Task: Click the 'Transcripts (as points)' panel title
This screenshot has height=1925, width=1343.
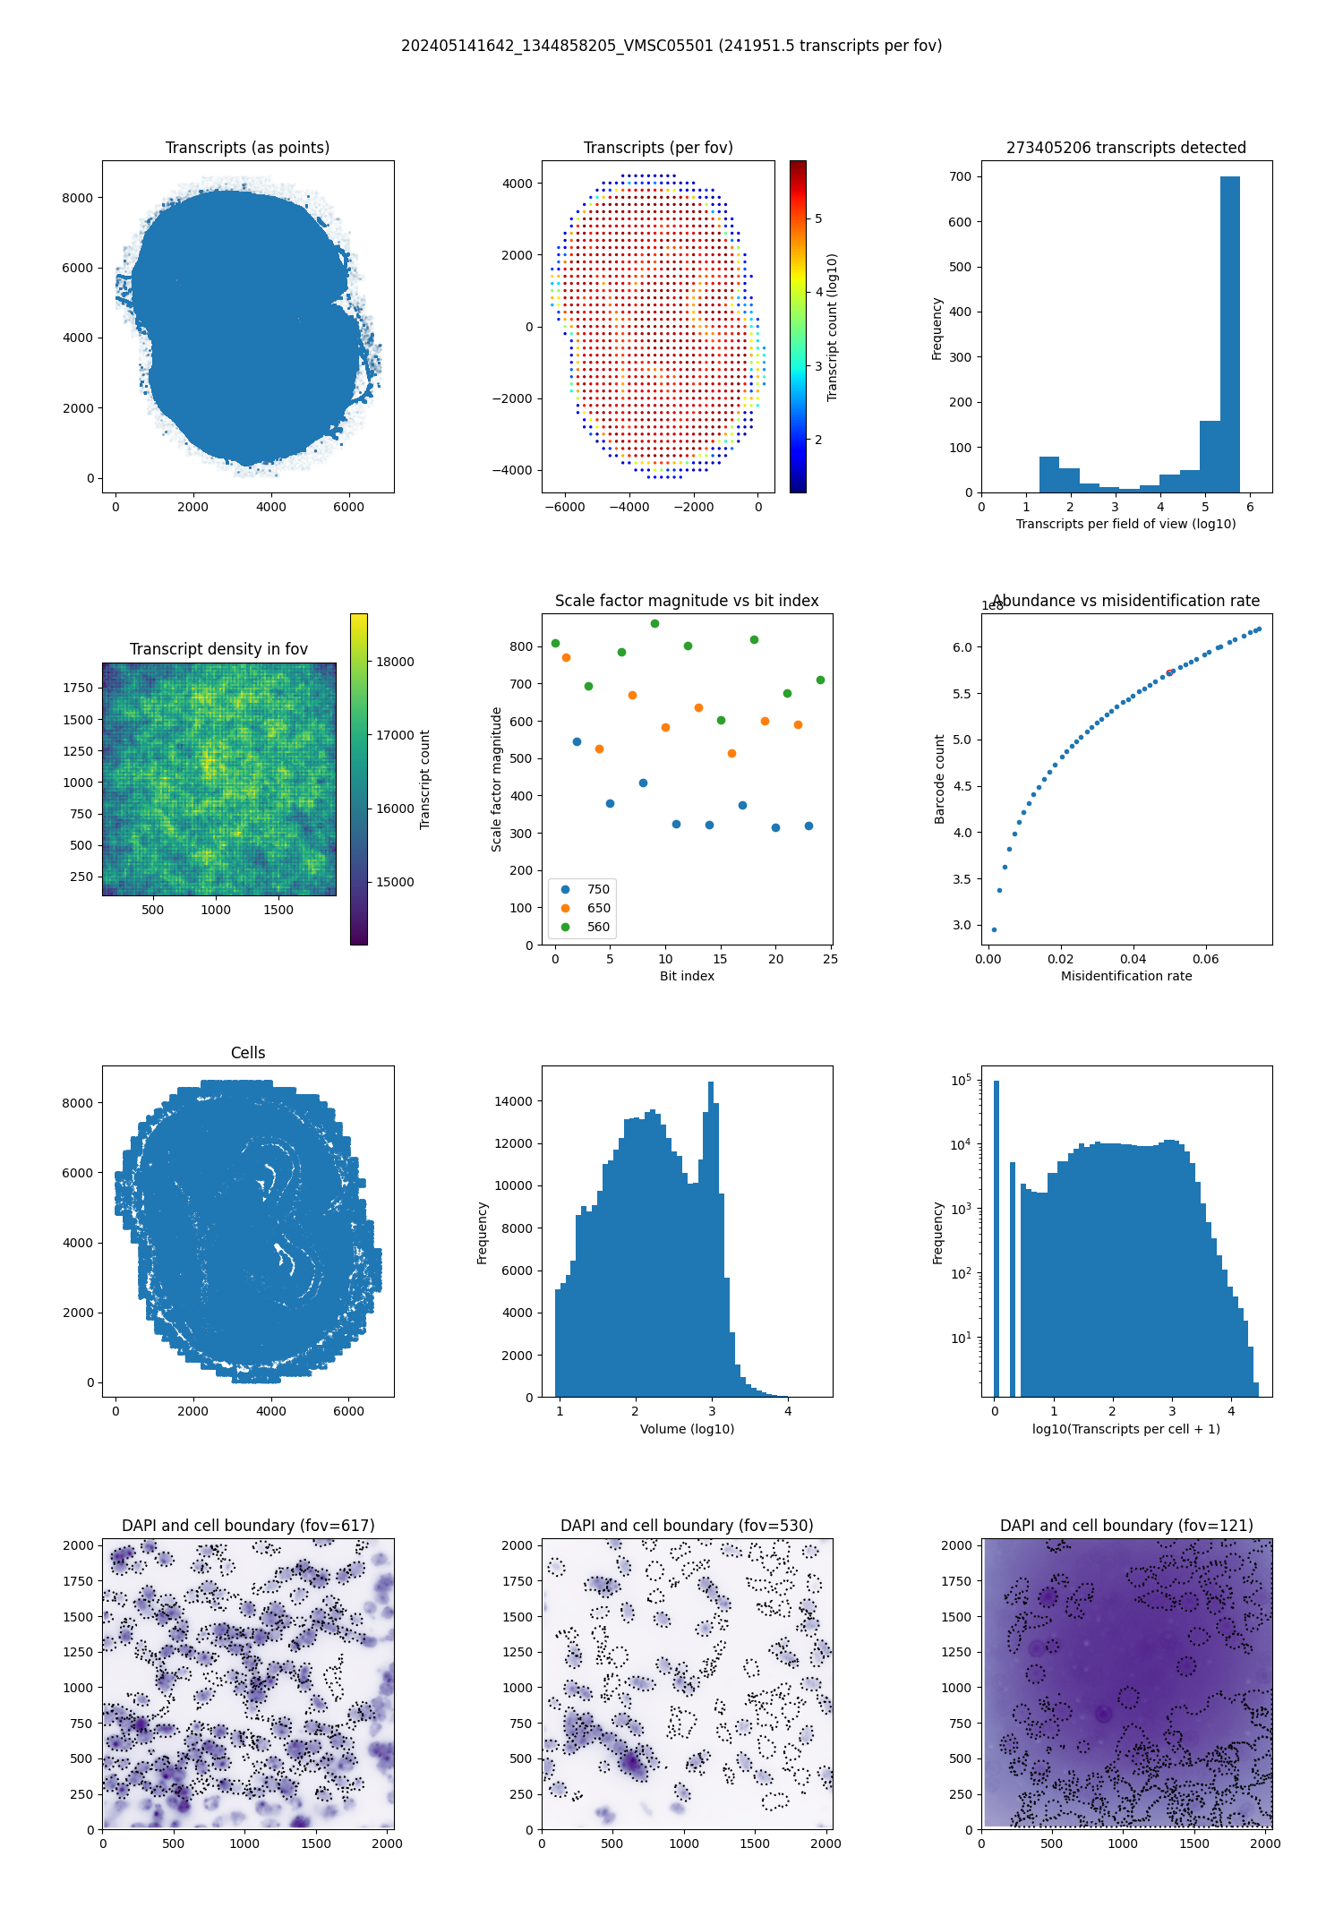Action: click(247, 148)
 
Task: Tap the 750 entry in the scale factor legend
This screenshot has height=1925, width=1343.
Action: click(598, 889)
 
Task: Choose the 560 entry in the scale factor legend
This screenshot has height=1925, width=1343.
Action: click(598, 927)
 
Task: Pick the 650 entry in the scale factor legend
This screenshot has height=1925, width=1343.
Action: click(598, 908)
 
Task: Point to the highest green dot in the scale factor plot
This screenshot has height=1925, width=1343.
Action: click(654, 623)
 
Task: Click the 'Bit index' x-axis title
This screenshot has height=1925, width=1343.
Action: click(687, 976)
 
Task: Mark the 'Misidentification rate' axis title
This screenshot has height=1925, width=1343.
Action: click(1126, 976)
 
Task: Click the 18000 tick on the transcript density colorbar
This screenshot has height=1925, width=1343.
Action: click(395, 662)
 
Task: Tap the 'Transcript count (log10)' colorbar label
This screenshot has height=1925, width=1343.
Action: click(832, 327)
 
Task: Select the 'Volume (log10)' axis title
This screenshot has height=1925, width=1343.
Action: click(687, 1429)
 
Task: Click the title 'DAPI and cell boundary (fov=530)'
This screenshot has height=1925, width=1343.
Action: click(687, 1526)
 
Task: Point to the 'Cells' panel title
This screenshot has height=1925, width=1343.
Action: click(248, 1053)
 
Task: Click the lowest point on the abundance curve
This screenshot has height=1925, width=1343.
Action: click(994, 929)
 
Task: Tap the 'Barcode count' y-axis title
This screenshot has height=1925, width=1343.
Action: click(939, 779)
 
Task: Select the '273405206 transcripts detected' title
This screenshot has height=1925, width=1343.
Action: click(1126, 148)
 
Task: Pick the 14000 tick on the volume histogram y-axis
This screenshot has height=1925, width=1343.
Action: click(514, 1101)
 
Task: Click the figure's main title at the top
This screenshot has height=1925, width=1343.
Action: click(671, 46)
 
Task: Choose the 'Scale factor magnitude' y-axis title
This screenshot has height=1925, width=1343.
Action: click(497, 779)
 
